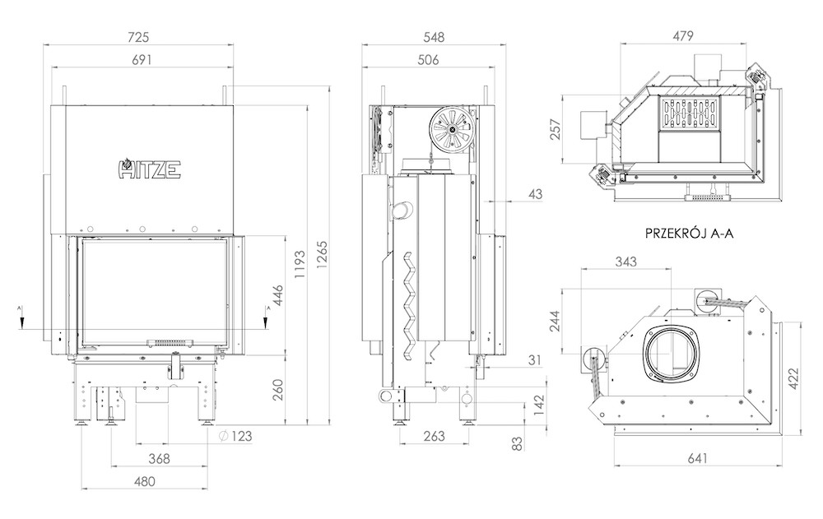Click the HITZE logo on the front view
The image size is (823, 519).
[x=150, y=169]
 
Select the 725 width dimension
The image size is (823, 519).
[x=138, y=37]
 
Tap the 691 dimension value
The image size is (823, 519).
[x=142, y=60]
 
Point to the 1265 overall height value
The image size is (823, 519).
[x=322, y=255]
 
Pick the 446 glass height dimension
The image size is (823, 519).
[x=277, y=296]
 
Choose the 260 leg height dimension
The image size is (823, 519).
[x=277, y=389]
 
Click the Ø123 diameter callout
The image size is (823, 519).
[x=235, y=436]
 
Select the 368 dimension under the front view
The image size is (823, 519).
[x=159, y=459]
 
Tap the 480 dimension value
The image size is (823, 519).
[x=145, y=481]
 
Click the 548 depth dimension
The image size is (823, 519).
[x=434, y=37]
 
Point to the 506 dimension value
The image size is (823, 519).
[x=428, y=60]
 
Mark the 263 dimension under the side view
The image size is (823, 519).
[x=434, y=436]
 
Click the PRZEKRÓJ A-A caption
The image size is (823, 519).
[x=689, y=234]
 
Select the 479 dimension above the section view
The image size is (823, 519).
[x=682, y=35]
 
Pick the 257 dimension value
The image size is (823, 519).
[x=556, y=129]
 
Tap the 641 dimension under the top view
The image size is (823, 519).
[x=696, y=458]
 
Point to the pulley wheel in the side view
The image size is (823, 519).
[x=451, y=130]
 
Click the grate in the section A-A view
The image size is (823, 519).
[x=690, y=114]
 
